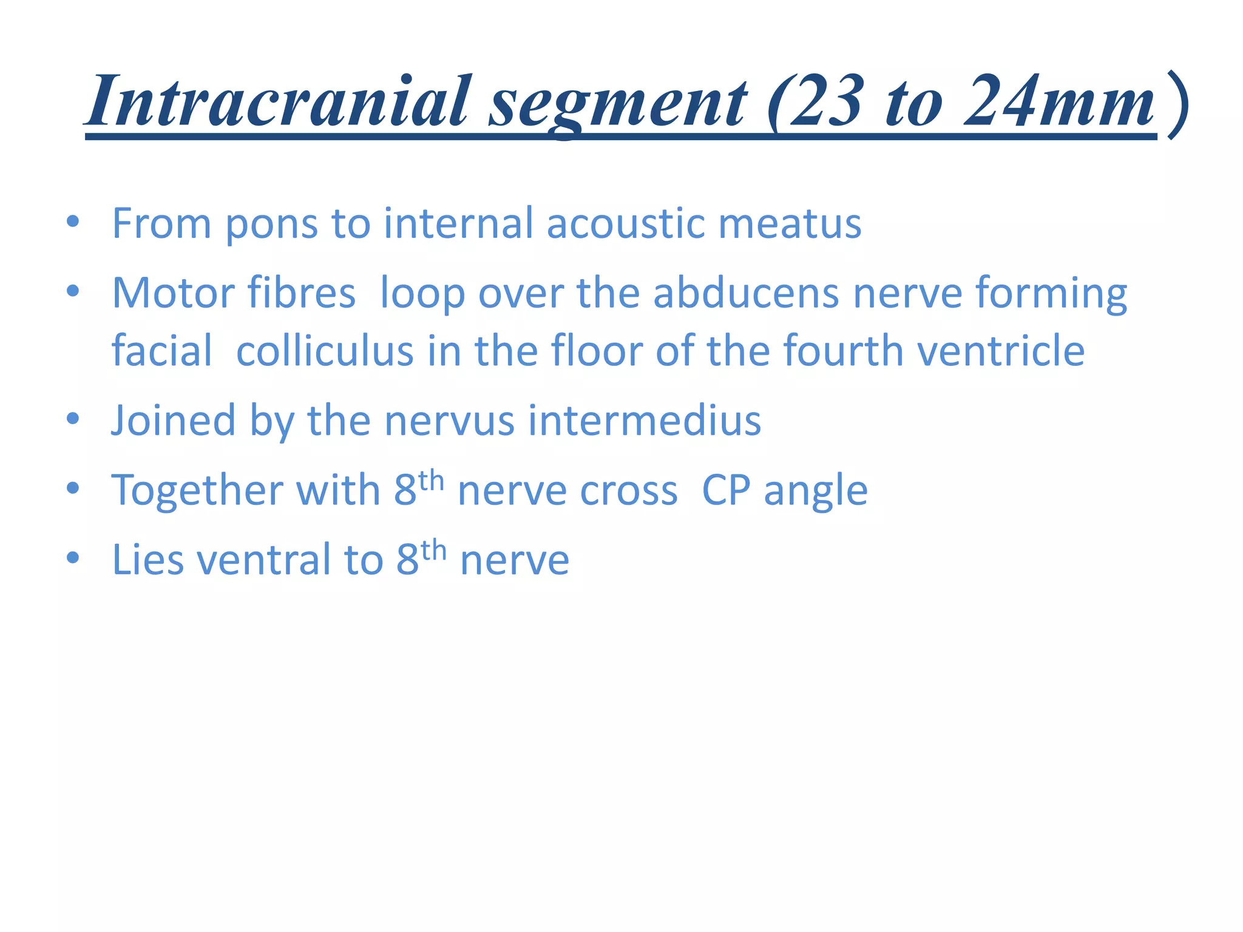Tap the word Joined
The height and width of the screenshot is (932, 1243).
click(174, 420)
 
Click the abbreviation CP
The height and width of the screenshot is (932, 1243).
click(726, 490)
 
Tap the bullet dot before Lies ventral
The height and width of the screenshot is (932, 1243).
click(73, 558)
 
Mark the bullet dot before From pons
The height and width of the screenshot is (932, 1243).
click(73, 221)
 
